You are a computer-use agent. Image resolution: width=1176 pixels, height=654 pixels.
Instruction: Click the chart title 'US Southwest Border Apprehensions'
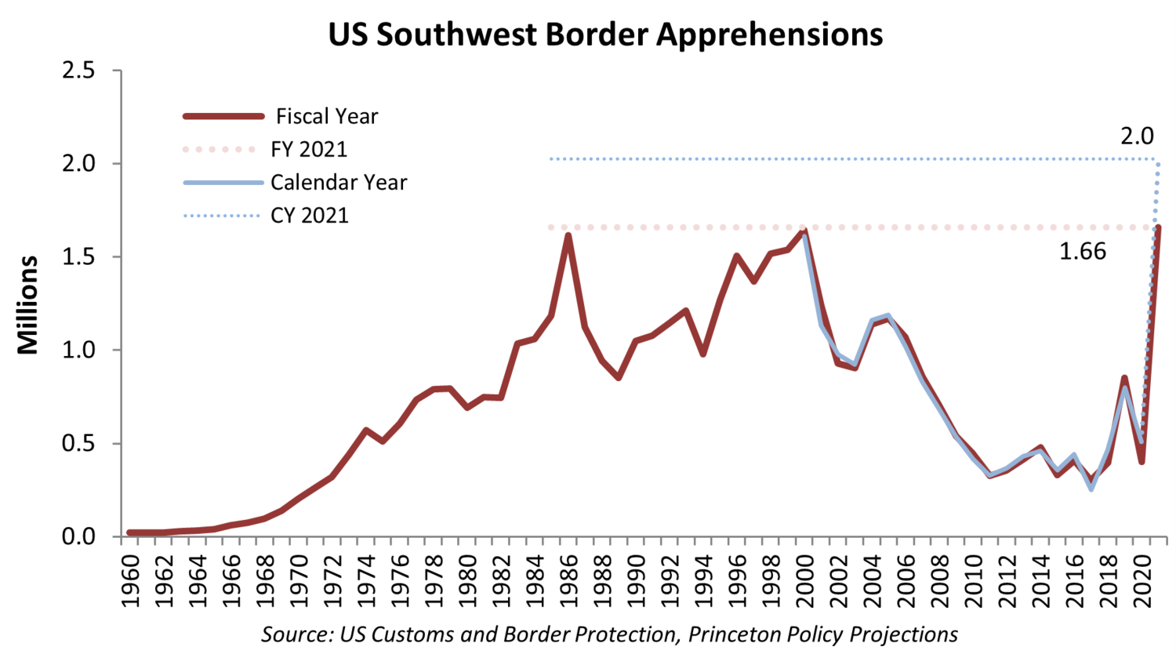point(605,35)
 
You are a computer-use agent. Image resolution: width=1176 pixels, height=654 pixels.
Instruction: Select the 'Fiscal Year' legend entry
point(326,117)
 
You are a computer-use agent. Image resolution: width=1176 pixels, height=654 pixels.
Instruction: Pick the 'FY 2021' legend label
point(309,150)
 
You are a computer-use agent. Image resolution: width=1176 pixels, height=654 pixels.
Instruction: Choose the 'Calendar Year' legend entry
point(339,183)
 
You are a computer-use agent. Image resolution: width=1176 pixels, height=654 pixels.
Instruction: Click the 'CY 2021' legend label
point(310,216)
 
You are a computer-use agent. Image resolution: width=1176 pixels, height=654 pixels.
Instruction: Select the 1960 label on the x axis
point(130,580)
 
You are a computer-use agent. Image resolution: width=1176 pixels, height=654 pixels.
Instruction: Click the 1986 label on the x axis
point(568,580)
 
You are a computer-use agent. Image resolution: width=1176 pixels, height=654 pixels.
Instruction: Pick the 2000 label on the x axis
point(804,580)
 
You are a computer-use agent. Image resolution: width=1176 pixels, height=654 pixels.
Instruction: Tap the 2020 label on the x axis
point(1142,580)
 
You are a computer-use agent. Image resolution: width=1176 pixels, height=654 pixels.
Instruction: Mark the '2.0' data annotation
point(1136,136)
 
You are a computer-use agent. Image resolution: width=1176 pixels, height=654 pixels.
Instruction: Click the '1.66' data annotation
point(1082,252)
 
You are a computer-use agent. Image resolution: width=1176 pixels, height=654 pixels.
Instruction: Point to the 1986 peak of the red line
point(568,235)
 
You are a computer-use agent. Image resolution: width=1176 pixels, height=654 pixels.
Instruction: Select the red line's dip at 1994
point(703,354)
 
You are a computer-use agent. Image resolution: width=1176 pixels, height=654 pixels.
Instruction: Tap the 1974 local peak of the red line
point(365,430)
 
